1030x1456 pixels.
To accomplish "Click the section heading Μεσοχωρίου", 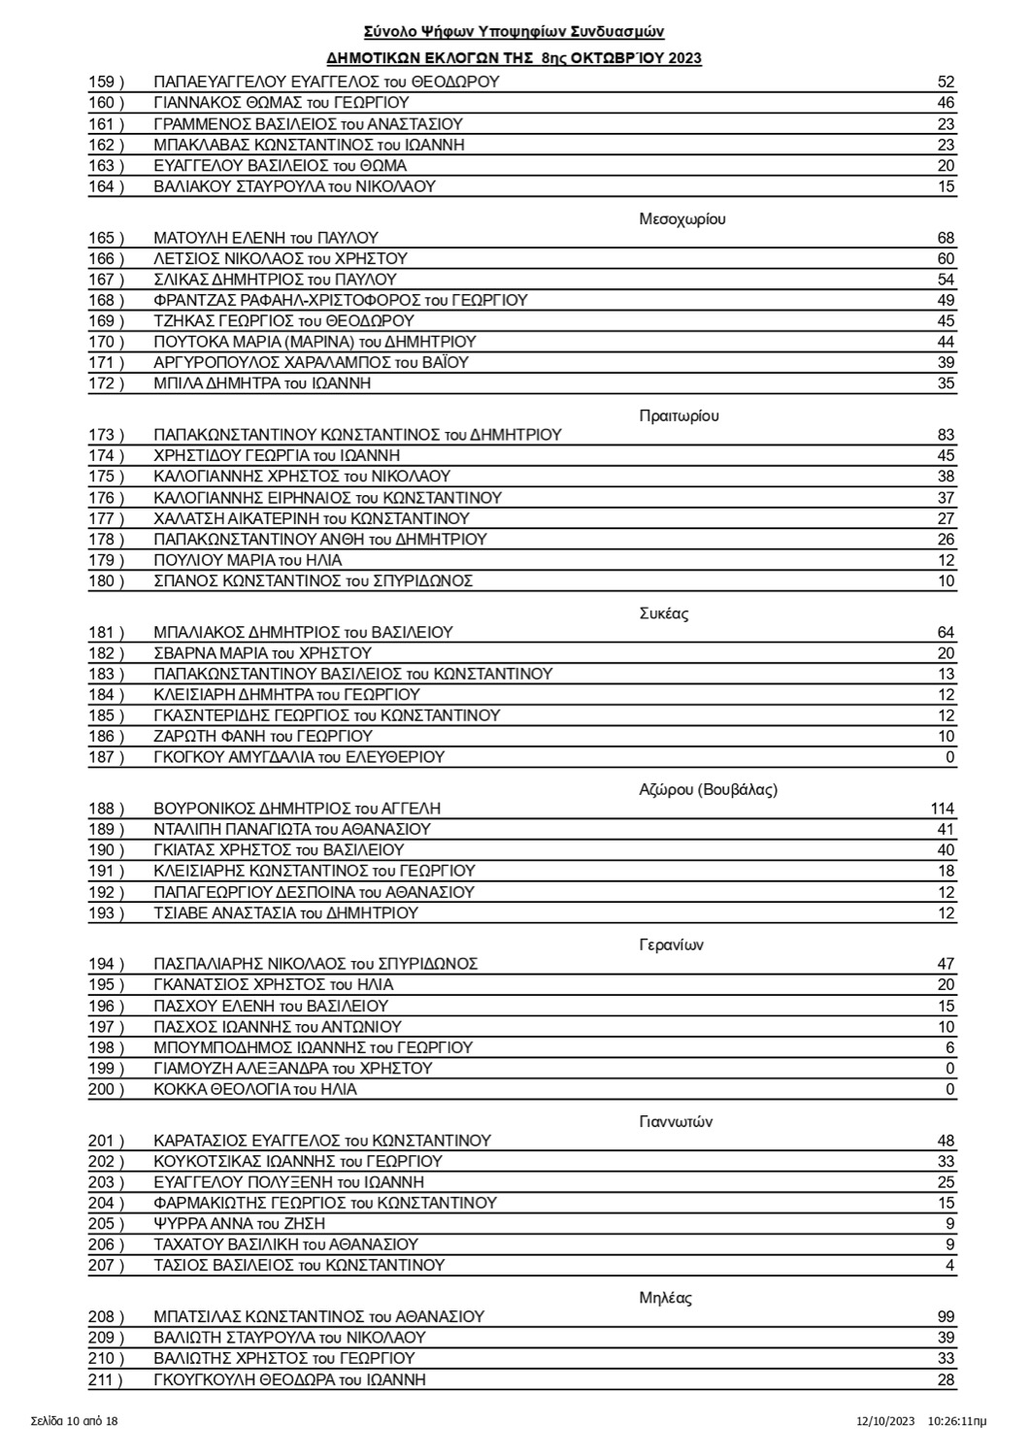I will (682, 218).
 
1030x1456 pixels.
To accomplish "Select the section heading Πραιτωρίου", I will (680, 415).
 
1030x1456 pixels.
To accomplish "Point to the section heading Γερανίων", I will (672, 944).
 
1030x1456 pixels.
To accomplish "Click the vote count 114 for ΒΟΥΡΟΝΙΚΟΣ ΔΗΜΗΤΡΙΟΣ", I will (942, 809).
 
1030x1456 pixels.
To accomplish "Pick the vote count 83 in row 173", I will (946, 435).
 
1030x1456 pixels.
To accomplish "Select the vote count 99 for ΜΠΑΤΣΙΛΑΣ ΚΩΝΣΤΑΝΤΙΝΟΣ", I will (946, 1317).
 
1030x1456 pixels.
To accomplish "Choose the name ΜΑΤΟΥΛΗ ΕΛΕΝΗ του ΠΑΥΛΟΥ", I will (266, 238).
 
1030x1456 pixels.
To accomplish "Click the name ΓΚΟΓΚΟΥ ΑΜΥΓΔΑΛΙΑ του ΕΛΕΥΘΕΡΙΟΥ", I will (299, 757).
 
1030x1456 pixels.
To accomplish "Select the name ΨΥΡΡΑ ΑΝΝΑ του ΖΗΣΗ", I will (240, 1224).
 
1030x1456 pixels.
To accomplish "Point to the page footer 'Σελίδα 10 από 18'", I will (74, 1422).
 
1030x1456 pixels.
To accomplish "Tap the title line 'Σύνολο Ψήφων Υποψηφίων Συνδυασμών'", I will (515, 32).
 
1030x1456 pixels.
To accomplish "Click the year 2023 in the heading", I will (684, 58).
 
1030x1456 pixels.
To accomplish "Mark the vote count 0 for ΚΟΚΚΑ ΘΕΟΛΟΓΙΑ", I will (950, 1090).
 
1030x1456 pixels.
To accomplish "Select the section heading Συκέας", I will (665, 613).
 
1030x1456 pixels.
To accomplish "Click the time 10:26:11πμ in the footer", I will (958, 1422).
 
